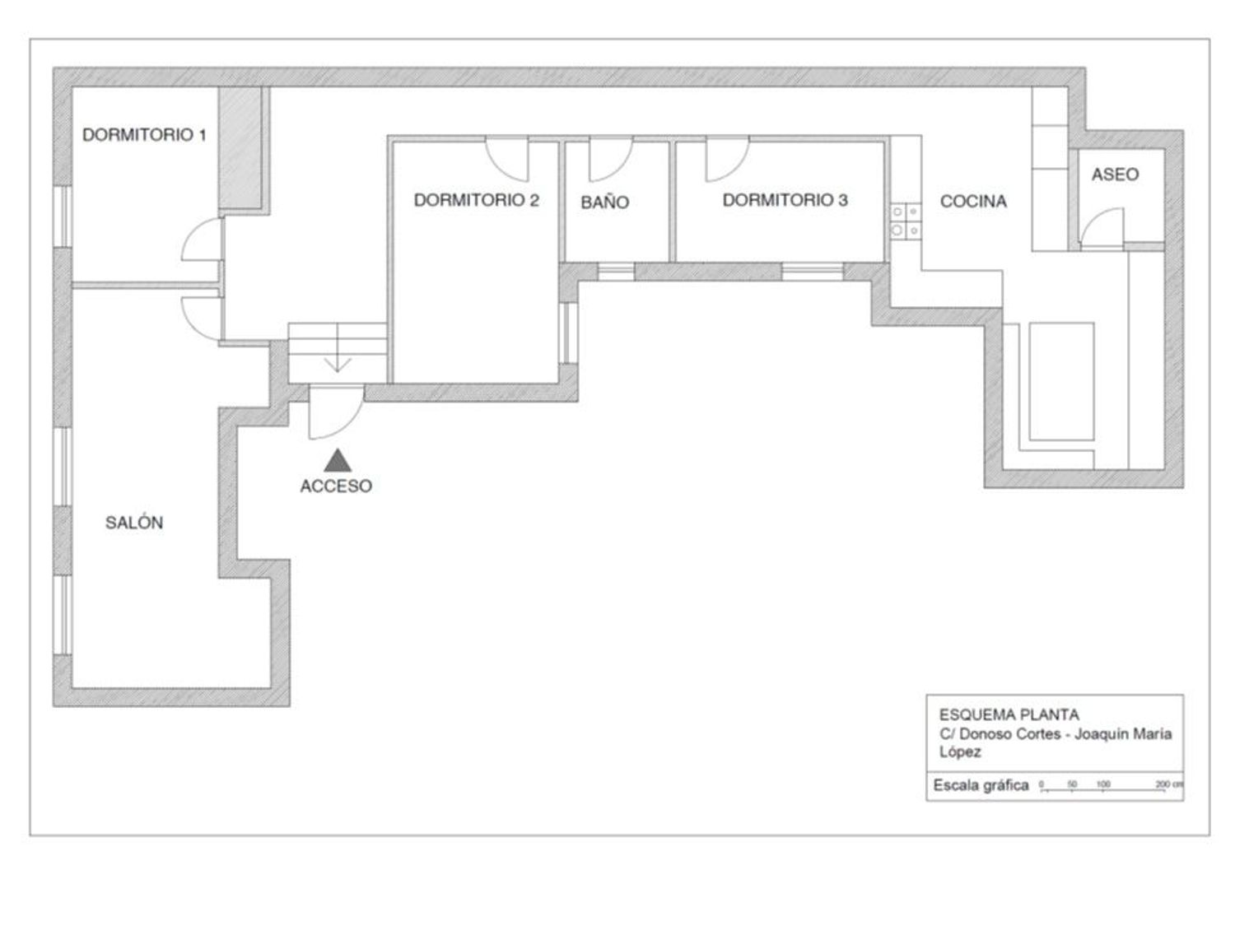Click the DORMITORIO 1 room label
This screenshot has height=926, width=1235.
[x=144, y=135]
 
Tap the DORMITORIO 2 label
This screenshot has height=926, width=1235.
[x=476, y=200]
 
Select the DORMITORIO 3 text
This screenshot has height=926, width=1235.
[x=785, y=200]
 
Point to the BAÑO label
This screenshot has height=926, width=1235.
[x=604, y=202]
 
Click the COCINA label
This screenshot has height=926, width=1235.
[x=973, y=202]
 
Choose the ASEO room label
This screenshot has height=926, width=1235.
[x=1115, y=174]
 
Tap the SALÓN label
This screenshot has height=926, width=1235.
[x=134, y=523]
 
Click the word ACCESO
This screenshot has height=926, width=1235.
[x=336, y=486]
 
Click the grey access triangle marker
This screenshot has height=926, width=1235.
[x=338, y=461]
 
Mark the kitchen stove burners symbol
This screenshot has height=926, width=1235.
[x=906, y=221]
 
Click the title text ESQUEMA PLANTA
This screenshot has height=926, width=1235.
[x=1009, y=714]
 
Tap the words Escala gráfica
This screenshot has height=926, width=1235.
[x=981, y=785]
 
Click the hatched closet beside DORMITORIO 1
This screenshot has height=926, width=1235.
[x=240, y=147]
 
